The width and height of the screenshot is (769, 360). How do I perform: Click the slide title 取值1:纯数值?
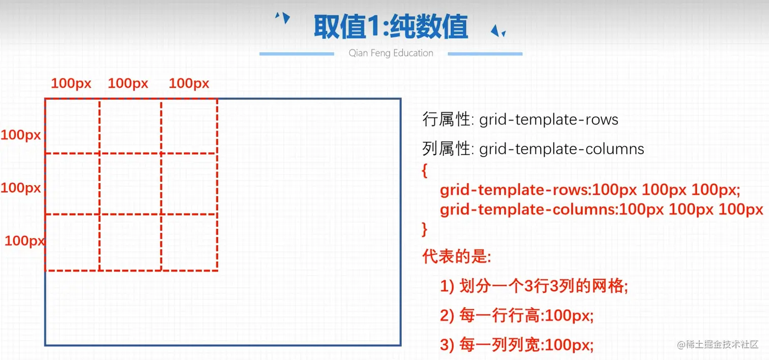(x=391, y=26)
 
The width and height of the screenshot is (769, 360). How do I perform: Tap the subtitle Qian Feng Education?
(x=391, y=53)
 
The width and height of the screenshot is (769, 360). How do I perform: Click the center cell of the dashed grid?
(x=130, y=184)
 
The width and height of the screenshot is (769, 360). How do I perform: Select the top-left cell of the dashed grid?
(x=72, y=126)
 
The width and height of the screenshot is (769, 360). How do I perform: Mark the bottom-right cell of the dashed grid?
(x=189, y=243)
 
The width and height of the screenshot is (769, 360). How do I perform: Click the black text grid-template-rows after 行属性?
(x=549, y=120)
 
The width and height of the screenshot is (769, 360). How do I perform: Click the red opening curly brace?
(x=425, y=171)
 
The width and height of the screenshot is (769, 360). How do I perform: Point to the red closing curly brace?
(x=425, y=229)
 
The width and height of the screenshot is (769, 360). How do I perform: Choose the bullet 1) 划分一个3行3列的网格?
(x=534, y=287)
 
